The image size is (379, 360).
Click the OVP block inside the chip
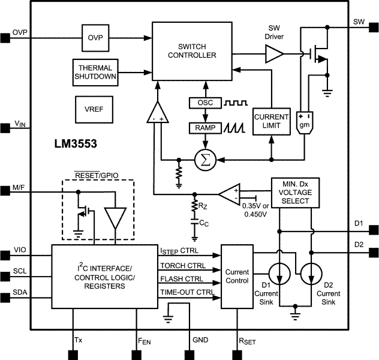coord(95,37)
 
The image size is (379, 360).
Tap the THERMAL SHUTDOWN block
coord(95,72)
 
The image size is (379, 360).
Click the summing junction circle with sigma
coord(205,160)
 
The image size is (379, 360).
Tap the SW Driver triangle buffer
coord(275,56)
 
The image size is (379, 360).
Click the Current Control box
coord(236,276)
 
